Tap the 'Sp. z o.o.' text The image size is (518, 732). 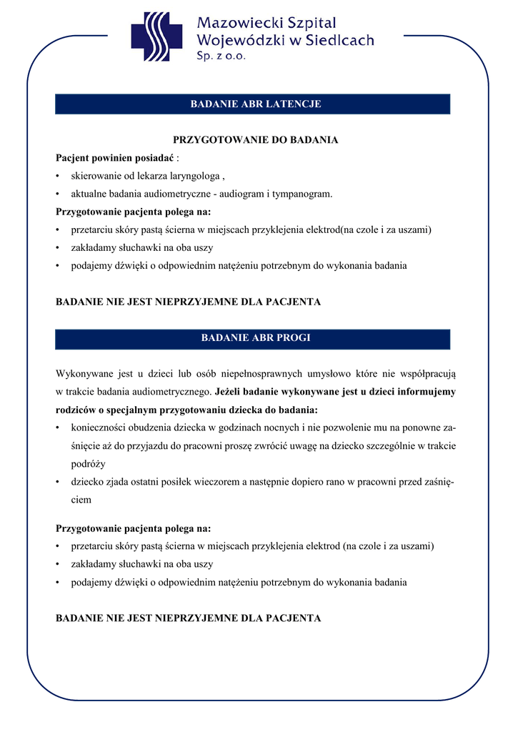pyautogui.click(x=221, y=56)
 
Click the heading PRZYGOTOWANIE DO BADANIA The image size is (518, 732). pyautogui.click(x=256, y=140)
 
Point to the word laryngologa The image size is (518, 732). pyautogui.click(x=194, y=176)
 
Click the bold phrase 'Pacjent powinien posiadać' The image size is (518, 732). pyautogui.click(x=115, y=158)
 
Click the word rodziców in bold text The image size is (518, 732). pyautogui.click(x=75, y=410)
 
